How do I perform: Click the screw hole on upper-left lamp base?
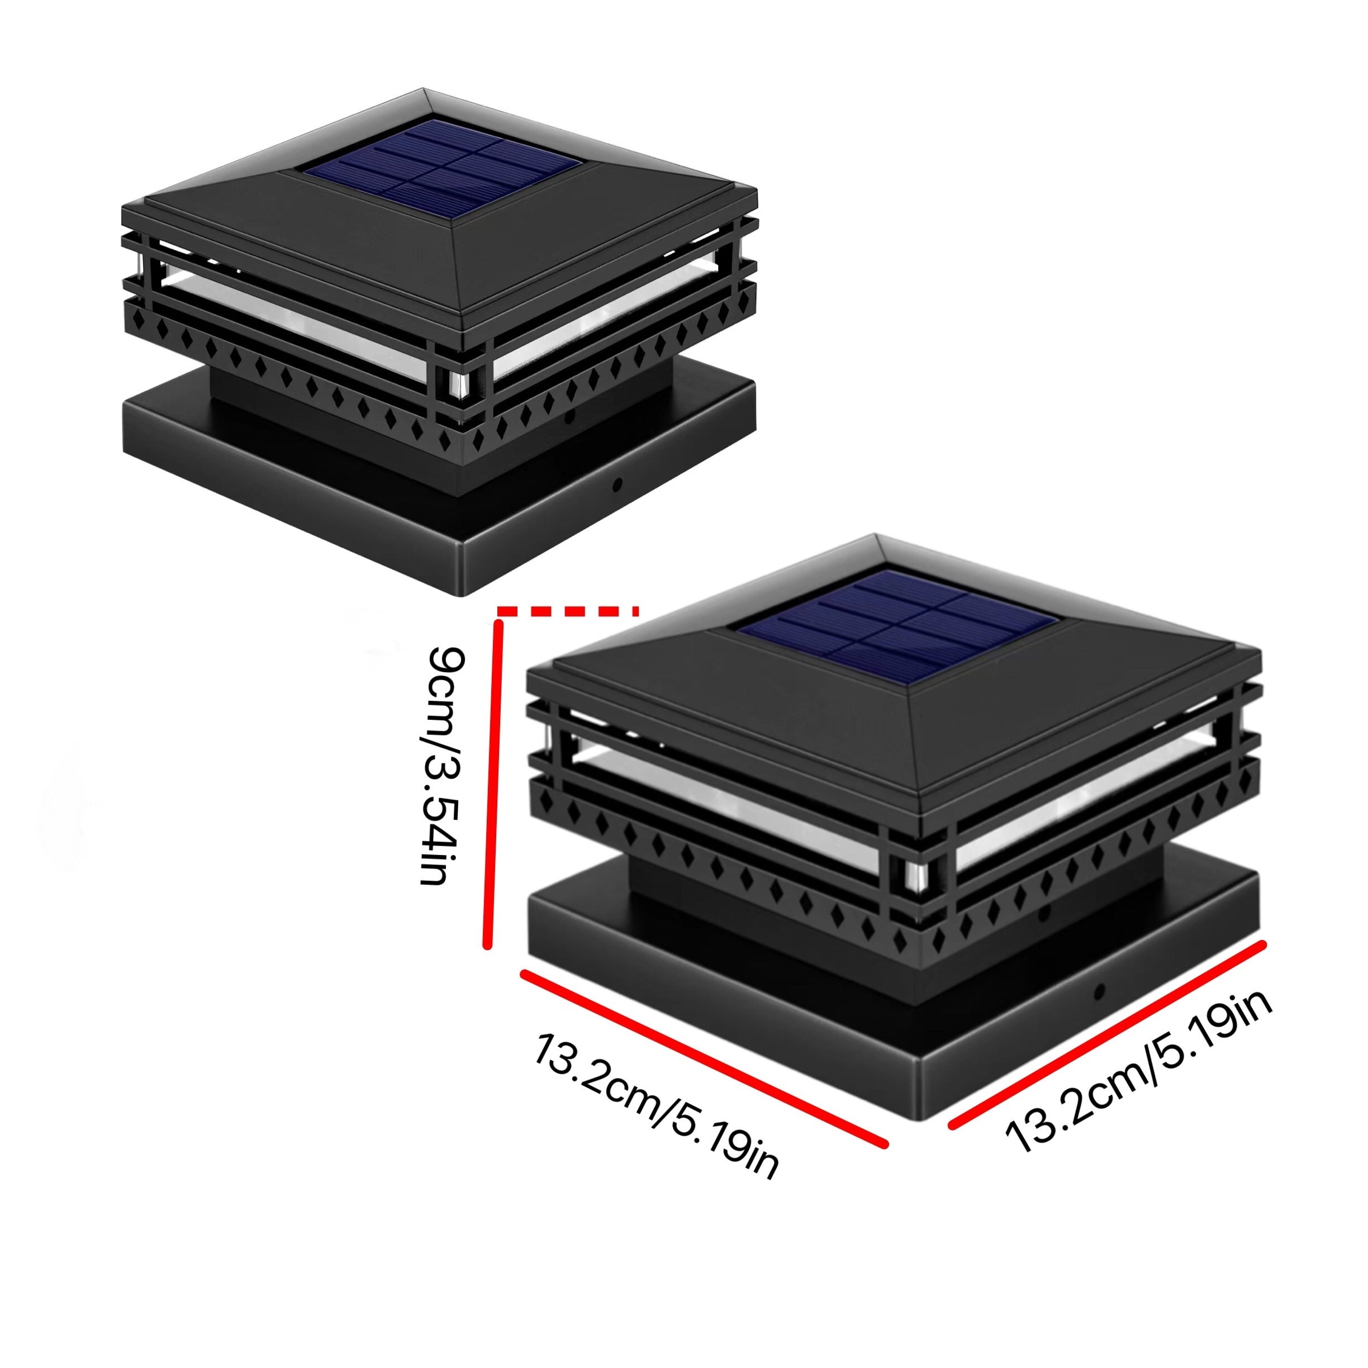tap(617, 484)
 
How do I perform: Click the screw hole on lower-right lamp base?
tap(1100, 992)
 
